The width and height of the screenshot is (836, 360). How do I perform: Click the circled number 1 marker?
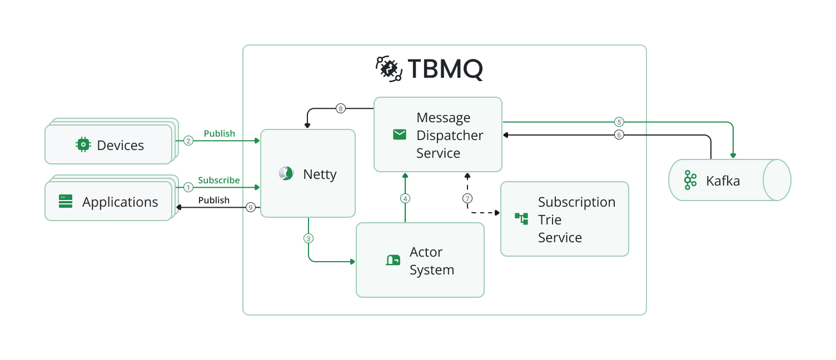(188, 188)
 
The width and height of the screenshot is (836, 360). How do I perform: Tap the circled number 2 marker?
(188, 141)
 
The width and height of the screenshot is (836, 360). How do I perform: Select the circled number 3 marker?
(308, 238)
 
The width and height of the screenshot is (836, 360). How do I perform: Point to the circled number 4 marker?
(405, 198)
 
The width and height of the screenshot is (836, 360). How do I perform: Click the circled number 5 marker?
(618, 122)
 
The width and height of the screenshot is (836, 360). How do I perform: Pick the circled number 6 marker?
(618, 134)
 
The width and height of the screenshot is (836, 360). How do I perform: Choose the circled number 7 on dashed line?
(467, 198)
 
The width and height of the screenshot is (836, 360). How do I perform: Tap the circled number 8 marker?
(341, 108)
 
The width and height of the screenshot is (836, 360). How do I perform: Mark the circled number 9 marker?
(251, 208)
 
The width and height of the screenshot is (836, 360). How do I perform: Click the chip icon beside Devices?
(83, 145)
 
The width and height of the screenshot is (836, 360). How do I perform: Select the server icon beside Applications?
(66, 202)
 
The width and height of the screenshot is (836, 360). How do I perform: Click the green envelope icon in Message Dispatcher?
(400, 134)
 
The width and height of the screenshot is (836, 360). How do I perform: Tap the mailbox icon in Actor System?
(393, 260)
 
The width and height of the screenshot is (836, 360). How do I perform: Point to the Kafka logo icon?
(690, 180)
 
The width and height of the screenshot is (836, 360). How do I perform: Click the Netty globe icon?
(286, 174)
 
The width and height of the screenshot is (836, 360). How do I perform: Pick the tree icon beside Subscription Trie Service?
(521, 218)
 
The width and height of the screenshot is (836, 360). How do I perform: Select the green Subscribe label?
(218, 180)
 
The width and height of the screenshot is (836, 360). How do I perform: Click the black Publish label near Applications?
(214, 200)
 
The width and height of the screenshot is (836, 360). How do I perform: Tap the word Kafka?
(723, 181)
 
